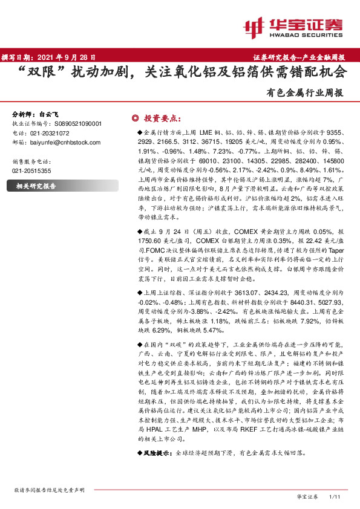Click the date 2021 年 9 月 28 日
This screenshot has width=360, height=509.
click(64, 57)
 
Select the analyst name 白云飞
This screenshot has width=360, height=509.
click(50, 114)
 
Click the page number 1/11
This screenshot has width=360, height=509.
click(335, 496)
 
